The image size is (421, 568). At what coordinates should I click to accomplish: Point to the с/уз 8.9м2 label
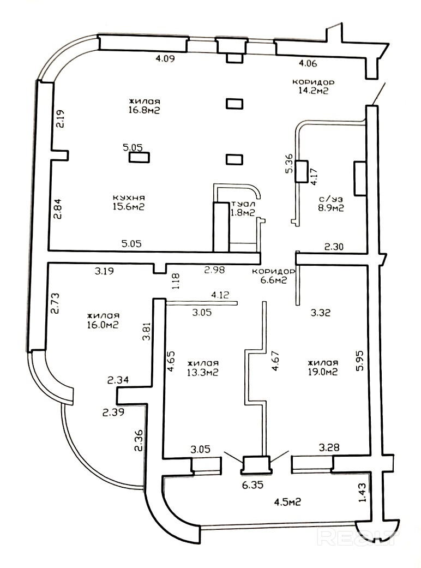coord(330,202)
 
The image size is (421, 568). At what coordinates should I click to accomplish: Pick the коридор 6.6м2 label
coord(273,276)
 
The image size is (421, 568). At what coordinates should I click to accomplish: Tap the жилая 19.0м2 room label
coord(323,367)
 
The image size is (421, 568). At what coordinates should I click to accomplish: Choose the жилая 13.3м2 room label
coord(202,368)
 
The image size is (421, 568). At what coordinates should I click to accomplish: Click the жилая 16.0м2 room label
coord(103,320)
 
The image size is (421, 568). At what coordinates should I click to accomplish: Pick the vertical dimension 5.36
coord(290,164)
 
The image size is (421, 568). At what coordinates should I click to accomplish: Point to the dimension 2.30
coord(334,247)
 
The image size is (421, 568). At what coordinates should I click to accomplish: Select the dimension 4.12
coord(220,295)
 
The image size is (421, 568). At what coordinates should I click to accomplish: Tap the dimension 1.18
coord(175,281)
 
